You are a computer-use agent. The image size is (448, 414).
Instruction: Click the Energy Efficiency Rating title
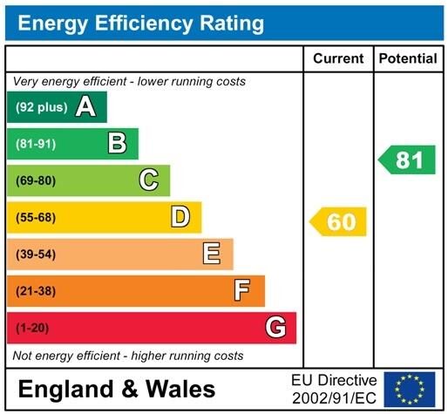pyautogui.click(x=140, y=24)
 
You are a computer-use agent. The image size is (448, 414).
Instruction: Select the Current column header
pyautogui.click(x=338, y=58)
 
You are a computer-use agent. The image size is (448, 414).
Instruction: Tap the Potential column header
pyautogui.click(x=408, y=58)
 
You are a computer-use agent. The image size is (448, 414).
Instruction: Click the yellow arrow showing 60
pyautogui.click(x=338, y=221)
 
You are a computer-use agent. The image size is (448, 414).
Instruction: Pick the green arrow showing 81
pyautogui.click(x=407, y=160)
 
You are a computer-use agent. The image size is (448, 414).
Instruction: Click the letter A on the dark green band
pyautogui.click(x=85, y=107)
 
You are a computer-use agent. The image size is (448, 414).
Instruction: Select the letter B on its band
pyautogui.click(x=117, y=144)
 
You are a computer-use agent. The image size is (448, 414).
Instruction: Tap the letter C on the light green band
pyautogui.click(x=148, y=180)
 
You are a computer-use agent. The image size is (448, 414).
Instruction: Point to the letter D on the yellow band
pyautogui.click(x=180, y=217)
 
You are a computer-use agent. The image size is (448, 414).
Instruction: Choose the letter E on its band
pyautogui.click(x=211, y=254)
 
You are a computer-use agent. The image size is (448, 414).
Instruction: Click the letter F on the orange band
pyautogui.click(x=242, y=290)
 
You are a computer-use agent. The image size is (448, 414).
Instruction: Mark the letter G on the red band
pyautogui.click(x=275, y=328)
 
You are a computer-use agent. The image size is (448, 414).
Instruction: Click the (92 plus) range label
pyautogui.click(x=40, y=107)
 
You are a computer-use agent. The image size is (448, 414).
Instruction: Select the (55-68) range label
pyautogui.click(x=35, y=217)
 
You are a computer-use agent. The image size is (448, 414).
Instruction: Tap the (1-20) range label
pyautogui.click(x=32, y=328)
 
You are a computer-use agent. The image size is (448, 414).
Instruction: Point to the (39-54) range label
pyautogui.click(x=35, y=254)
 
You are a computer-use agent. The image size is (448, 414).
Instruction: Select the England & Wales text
pyautogui.click(x=116, y=388)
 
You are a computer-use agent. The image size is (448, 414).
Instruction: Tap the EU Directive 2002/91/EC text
pyautogui.click(x=334, y=388)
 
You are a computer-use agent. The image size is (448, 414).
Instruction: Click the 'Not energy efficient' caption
pyautogui.click(x=128, y=356)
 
